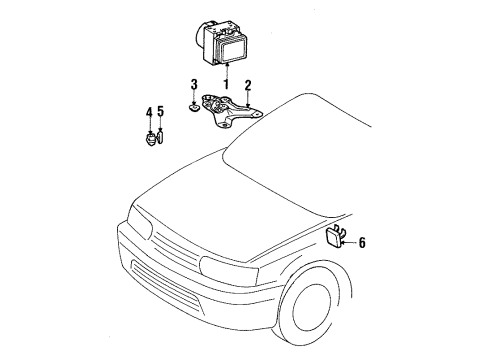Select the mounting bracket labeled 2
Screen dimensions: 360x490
click(x=228, y=110)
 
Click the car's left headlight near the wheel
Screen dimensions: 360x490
click(x=227, y=267)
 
